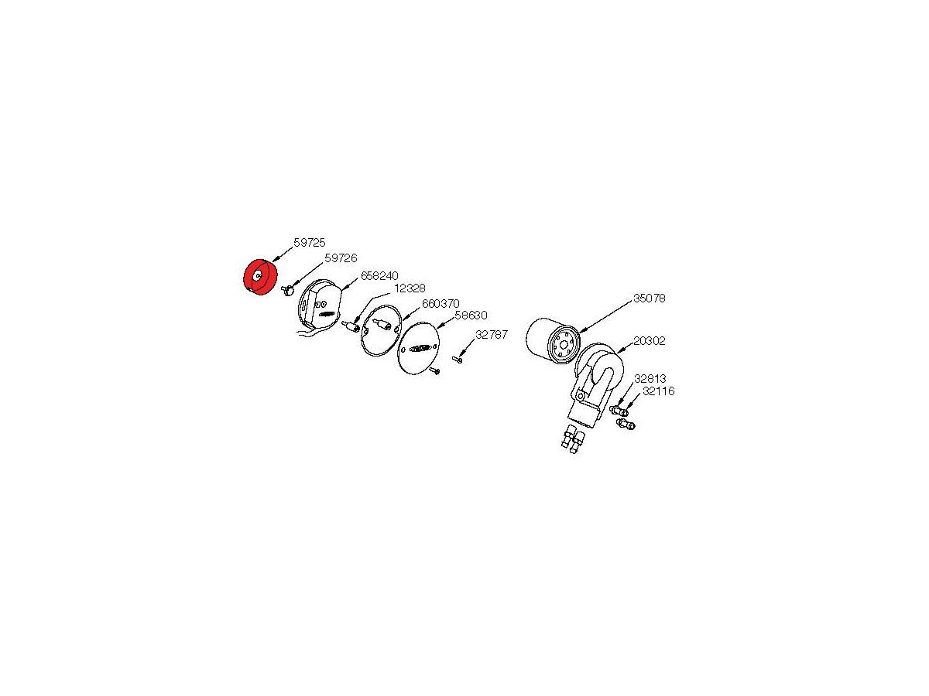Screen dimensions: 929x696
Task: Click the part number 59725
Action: coord(310,243)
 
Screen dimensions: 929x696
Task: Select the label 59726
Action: coord(341,258)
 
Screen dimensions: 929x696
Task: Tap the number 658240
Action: coord(379,276)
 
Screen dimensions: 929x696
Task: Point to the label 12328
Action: coord(410,288)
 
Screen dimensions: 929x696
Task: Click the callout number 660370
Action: coord(441,304)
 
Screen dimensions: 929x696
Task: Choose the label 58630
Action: coord(471,316)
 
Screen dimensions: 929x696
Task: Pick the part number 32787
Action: coord(492,335)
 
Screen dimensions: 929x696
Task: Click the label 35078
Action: coord(650,299)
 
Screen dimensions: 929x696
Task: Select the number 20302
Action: coord(650,340)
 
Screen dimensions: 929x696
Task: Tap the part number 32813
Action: coord(650,378)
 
